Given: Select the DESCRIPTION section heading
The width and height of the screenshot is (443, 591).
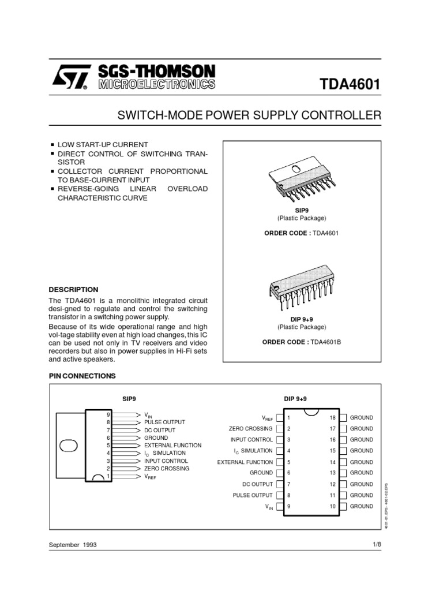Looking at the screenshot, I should [x=73, y=290].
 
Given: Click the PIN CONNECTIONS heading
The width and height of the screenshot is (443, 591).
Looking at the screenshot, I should [x=82, y=376].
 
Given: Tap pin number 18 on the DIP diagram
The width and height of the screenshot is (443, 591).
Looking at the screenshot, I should [x=332, y=417].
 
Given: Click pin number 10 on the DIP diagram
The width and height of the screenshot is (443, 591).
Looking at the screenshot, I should [x=332, y=506].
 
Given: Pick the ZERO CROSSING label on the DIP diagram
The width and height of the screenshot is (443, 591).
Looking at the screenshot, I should [x=251, y=429].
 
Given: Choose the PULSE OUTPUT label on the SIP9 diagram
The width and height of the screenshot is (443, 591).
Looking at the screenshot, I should [x=165, y=422].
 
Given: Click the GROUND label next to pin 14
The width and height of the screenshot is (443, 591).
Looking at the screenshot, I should [x=361, y=462].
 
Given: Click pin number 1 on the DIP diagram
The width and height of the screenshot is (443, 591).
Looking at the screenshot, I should [x=288, y=417].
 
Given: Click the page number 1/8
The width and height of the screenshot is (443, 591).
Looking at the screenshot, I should [x=378, y=559].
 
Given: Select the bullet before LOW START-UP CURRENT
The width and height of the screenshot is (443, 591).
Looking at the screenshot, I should [x=52, y=144].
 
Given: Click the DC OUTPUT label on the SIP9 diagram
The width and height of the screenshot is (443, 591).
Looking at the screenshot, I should [x=160, y=431].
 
